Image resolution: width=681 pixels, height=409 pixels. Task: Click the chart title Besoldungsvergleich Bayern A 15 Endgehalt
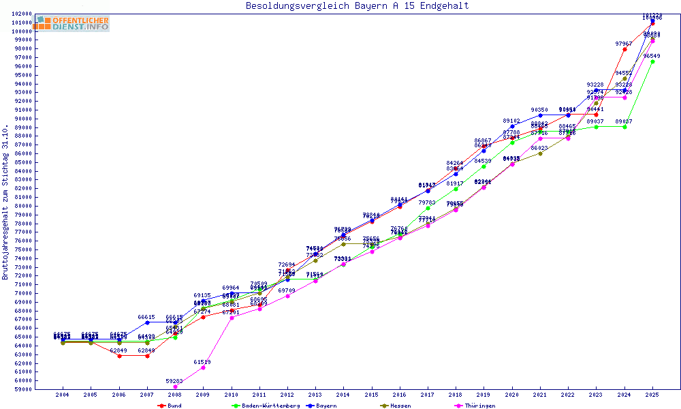[x=357, y=6]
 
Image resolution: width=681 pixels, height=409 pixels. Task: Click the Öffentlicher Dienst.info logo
[x=72, y=23]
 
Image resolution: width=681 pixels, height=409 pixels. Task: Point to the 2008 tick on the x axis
[x=175, y=395]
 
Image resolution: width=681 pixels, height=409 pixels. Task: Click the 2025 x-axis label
[x=652, y=395]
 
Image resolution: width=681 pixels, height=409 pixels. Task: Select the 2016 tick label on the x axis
[x=400, y=395]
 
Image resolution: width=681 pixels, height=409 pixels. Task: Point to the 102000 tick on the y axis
[x=23, y=14]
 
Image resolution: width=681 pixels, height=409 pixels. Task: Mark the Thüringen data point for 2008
[x=175, y=387]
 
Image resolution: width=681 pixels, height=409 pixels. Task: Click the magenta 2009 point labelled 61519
[x=203, y=367]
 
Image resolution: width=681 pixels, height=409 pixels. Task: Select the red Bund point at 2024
[x=624, y=49]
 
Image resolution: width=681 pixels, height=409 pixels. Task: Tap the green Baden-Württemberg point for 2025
[x=652, y=61]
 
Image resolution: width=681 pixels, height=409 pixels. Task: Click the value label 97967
[x=624, y=44]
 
